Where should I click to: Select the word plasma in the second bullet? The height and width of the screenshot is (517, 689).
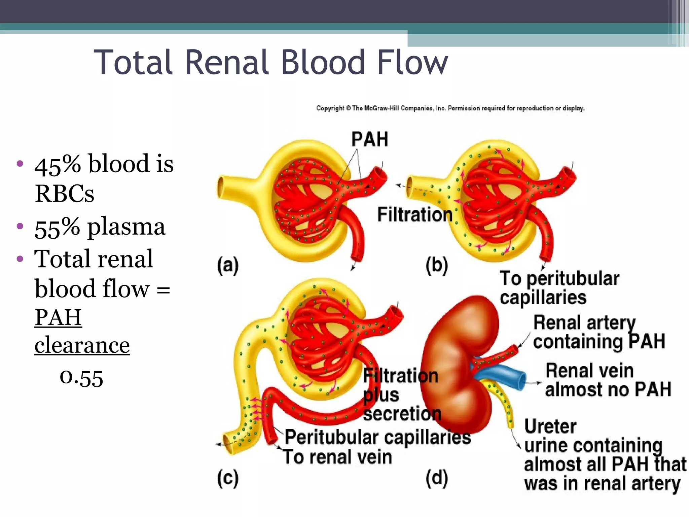[126, 227]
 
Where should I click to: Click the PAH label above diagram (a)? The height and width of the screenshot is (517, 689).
[369, 139]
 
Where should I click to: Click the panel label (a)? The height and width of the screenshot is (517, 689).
[228, 266]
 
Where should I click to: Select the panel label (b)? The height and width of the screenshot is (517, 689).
[436, 266]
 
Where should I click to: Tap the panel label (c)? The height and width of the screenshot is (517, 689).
[228, 478]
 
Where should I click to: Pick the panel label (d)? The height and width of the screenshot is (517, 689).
[437, 478]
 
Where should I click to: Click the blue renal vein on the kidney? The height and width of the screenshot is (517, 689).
[505, 375]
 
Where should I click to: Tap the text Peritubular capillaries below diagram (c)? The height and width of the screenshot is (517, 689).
[377, 438]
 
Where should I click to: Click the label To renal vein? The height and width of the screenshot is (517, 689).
[337, 457]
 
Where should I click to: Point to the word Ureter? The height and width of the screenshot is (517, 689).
[550, 426]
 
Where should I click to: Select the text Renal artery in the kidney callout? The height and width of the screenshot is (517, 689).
[584, 323]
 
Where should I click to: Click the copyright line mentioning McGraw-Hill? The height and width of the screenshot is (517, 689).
[450, 108]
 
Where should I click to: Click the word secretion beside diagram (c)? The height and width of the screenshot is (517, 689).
[402, 414]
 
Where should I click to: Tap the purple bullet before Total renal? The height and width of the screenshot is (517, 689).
[20, 259]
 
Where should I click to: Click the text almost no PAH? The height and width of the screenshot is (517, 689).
[608, 389]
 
